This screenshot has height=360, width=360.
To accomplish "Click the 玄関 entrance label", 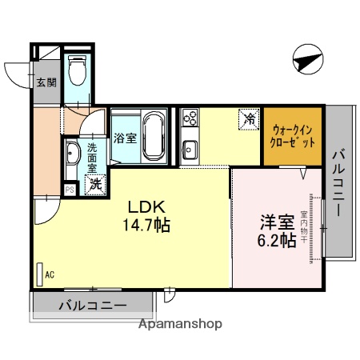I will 45,82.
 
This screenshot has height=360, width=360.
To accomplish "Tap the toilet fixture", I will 78,73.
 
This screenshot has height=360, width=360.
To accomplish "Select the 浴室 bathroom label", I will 125,138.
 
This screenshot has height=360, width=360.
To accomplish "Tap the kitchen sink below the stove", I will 190,149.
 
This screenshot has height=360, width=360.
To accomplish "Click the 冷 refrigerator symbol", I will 250,120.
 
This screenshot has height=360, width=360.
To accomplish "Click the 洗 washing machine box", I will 95,183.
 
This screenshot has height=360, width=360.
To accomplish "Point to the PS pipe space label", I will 69,190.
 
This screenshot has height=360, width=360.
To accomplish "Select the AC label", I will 49,275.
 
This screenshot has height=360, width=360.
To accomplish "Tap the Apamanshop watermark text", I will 181,325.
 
